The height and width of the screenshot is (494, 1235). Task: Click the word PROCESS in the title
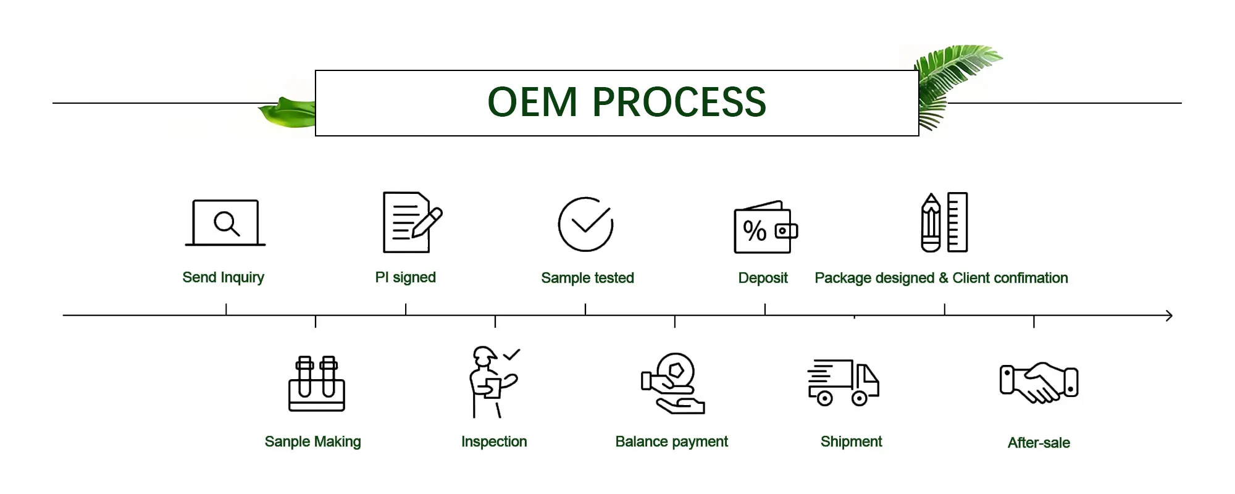[679, 102]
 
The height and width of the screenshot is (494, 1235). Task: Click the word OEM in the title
[532, 102]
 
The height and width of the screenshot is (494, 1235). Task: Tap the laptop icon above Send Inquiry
[225, 223]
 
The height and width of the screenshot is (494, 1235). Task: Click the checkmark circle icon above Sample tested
[585, 224]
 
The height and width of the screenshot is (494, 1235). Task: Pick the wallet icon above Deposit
[765, 227]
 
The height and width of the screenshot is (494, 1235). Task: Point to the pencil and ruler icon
[944, 222]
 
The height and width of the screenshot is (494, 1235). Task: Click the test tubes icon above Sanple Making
[317, 383]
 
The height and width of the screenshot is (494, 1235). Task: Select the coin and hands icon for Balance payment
[673, 383]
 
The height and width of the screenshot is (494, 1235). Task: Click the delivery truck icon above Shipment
[843, 382]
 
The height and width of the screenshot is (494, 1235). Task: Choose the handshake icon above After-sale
[1039, 382]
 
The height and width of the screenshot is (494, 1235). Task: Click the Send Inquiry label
[224, 278]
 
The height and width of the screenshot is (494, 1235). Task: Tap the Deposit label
[763, 278]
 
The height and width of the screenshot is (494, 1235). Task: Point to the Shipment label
[851, 442]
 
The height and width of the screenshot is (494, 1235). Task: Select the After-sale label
[1039, 443]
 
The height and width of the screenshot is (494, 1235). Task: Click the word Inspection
[494, 442]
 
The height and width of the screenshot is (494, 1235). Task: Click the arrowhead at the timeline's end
[1168, 316]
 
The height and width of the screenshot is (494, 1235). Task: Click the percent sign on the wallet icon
[755, 231]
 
